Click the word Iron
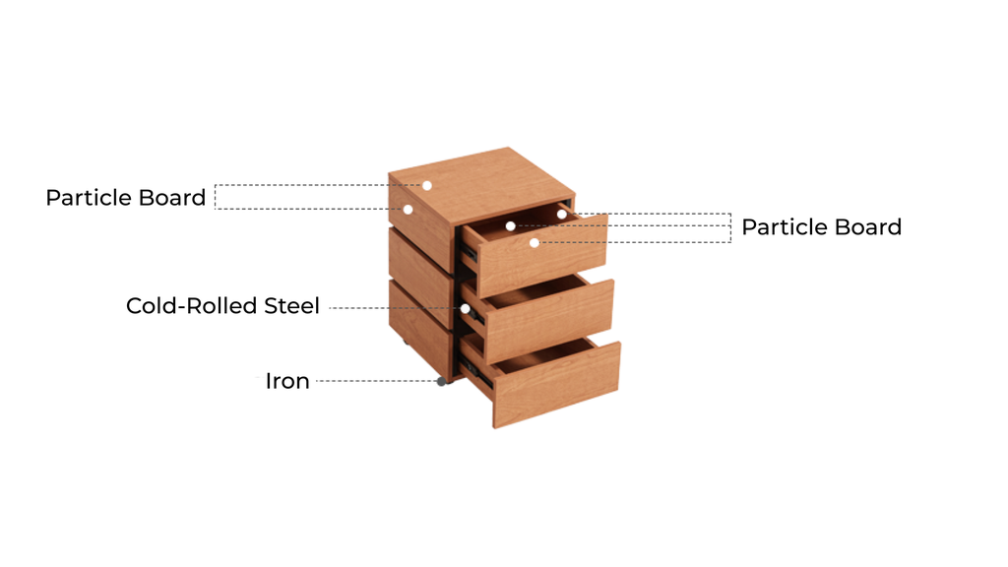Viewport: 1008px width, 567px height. pyautogui.click(x=287, y=381)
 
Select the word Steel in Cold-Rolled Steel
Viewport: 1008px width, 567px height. pyautogui.click(x=291, y=306)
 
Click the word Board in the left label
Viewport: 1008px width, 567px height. pyautogui.click(x=172, y=197)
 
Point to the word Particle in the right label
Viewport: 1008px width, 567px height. pyautogui.click(x=781, y=227)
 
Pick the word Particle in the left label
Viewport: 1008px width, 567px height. pyautogui.click(x=85, y=197)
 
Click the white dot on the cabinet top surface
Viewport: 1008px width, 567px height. pyautogui.click(x=427, y=185)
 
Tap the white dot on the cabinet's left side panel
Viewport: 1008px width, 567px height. pyautogui.click(x=408, y=210)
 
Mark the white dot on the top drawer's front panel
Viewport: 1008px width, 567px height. pyautogui.click(x=535, y=242)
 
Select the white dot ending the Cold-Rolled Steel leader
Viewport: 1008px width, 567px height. pyautogui.click(x=465, y=308)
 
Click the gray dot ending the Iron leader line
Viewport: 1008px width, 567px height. pyautogui.click(x=442, y=381)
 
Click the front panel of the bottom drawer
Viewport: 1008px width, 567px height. pyautogui.click(x=556, y=385)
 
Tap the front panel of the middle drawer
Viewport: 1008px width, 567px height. pyautogui.click(x=549, y=321)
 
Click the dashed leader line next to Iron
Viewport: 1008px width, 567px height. pyautogui.click(x=376, y=381)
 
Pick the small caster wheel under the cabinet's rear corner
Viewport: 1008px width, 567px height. pyautogui.click(x=406, y=342)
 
